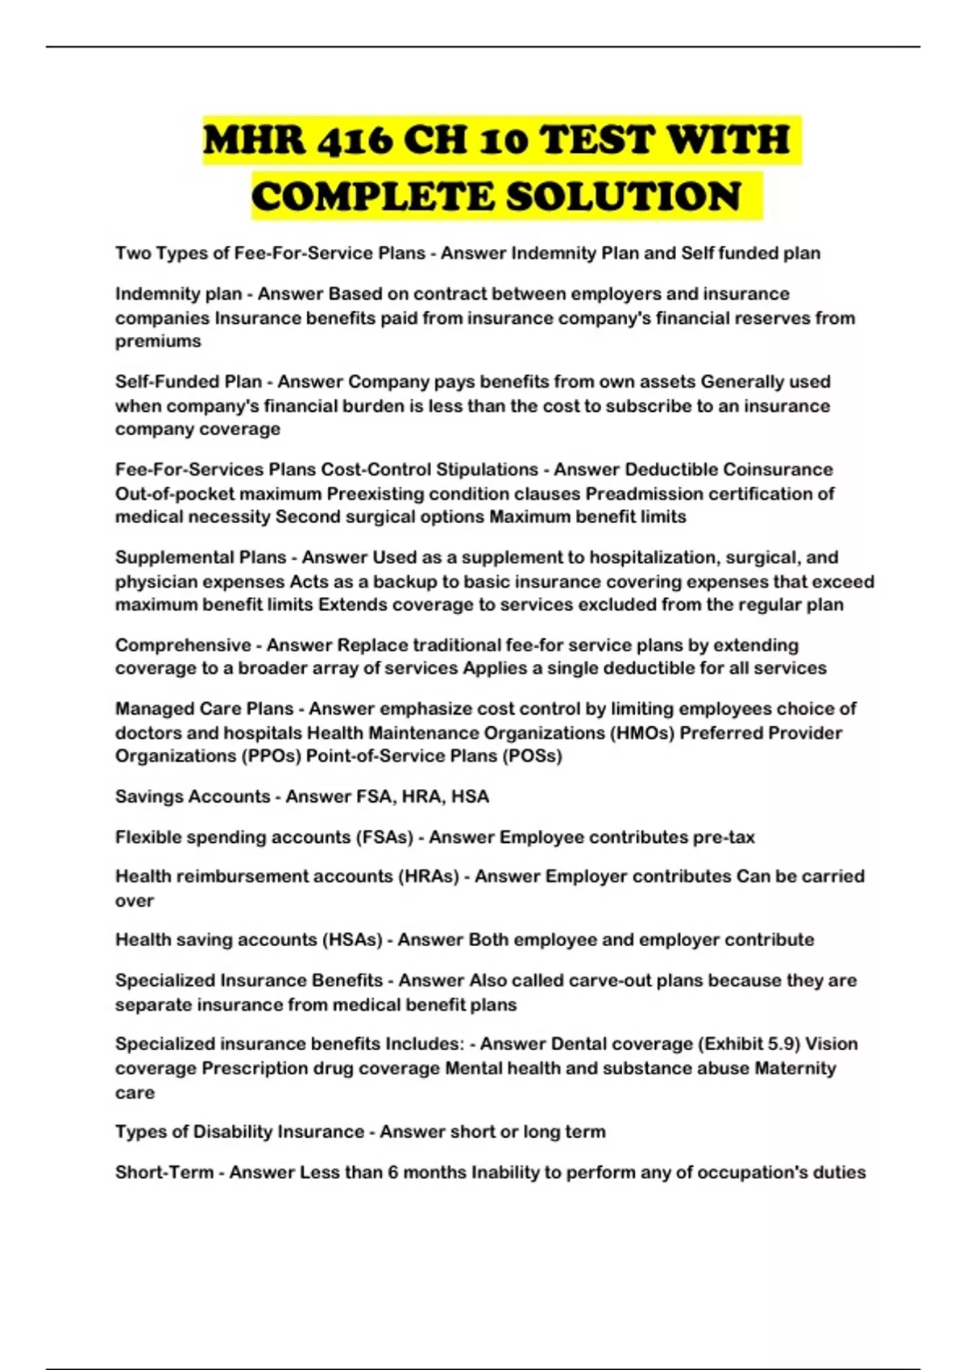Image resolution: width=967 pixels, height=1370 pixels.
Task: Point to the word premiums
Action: pyautogui.click(x=158, y=341)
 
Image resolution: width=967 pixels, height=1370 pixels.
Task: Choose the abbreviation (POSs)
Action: pyautogui.click(x=532, y=756)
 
